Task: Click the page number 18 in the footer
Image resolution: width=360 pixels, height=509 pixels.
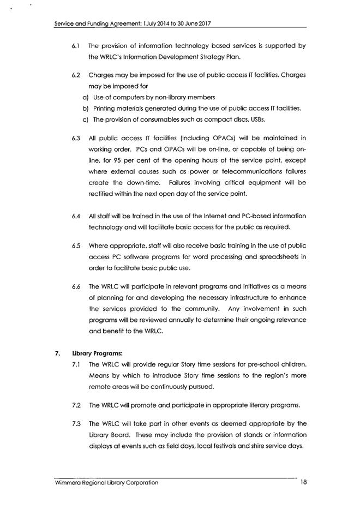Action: (304, 482)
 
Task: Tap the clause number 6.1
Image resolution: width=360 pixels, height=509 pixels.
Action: (76, 46)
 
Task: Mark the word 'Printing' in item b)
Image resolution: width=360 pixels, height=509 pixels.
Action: (105, 108)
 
